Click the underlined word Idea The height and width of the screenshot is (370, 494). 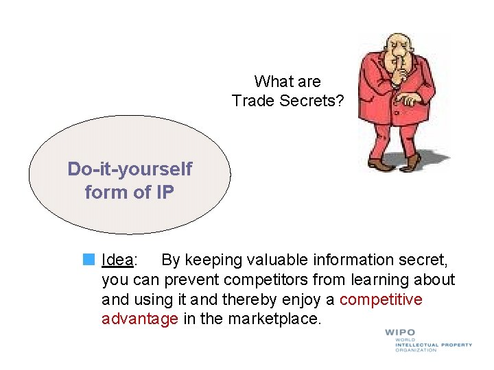coord(117,260)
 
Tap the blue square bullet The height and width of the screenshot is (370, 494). coord(89,260)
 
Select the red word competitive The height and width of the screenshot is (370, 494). coord(381,299)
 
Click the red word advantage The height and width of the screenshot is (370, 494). coord(139,319)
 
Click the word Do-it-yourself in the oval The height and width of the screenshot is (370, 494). coord(130,169)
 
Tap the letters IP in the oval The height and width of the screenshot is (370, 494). coord(164,193)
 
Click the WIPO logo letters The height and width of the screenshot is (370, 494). coord(400,333)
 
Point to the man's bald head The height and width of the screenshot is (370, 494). coord(395,41)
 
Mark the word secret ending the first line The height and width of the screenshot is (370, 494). coord(427,260)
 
